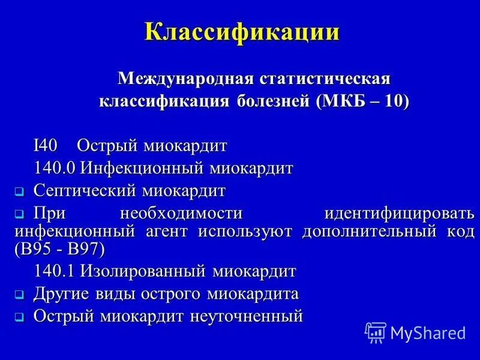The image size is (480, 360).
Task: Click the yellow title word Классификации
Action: (242, 31)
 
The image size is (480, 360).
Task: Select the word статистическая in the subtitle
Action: (324, 79)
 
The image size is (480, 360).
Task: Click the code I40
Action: (44, 146)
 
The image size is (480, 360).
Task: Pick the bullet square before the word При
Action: (19, 214)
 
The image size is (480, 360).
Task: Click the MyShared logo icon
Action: (375, 332)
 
